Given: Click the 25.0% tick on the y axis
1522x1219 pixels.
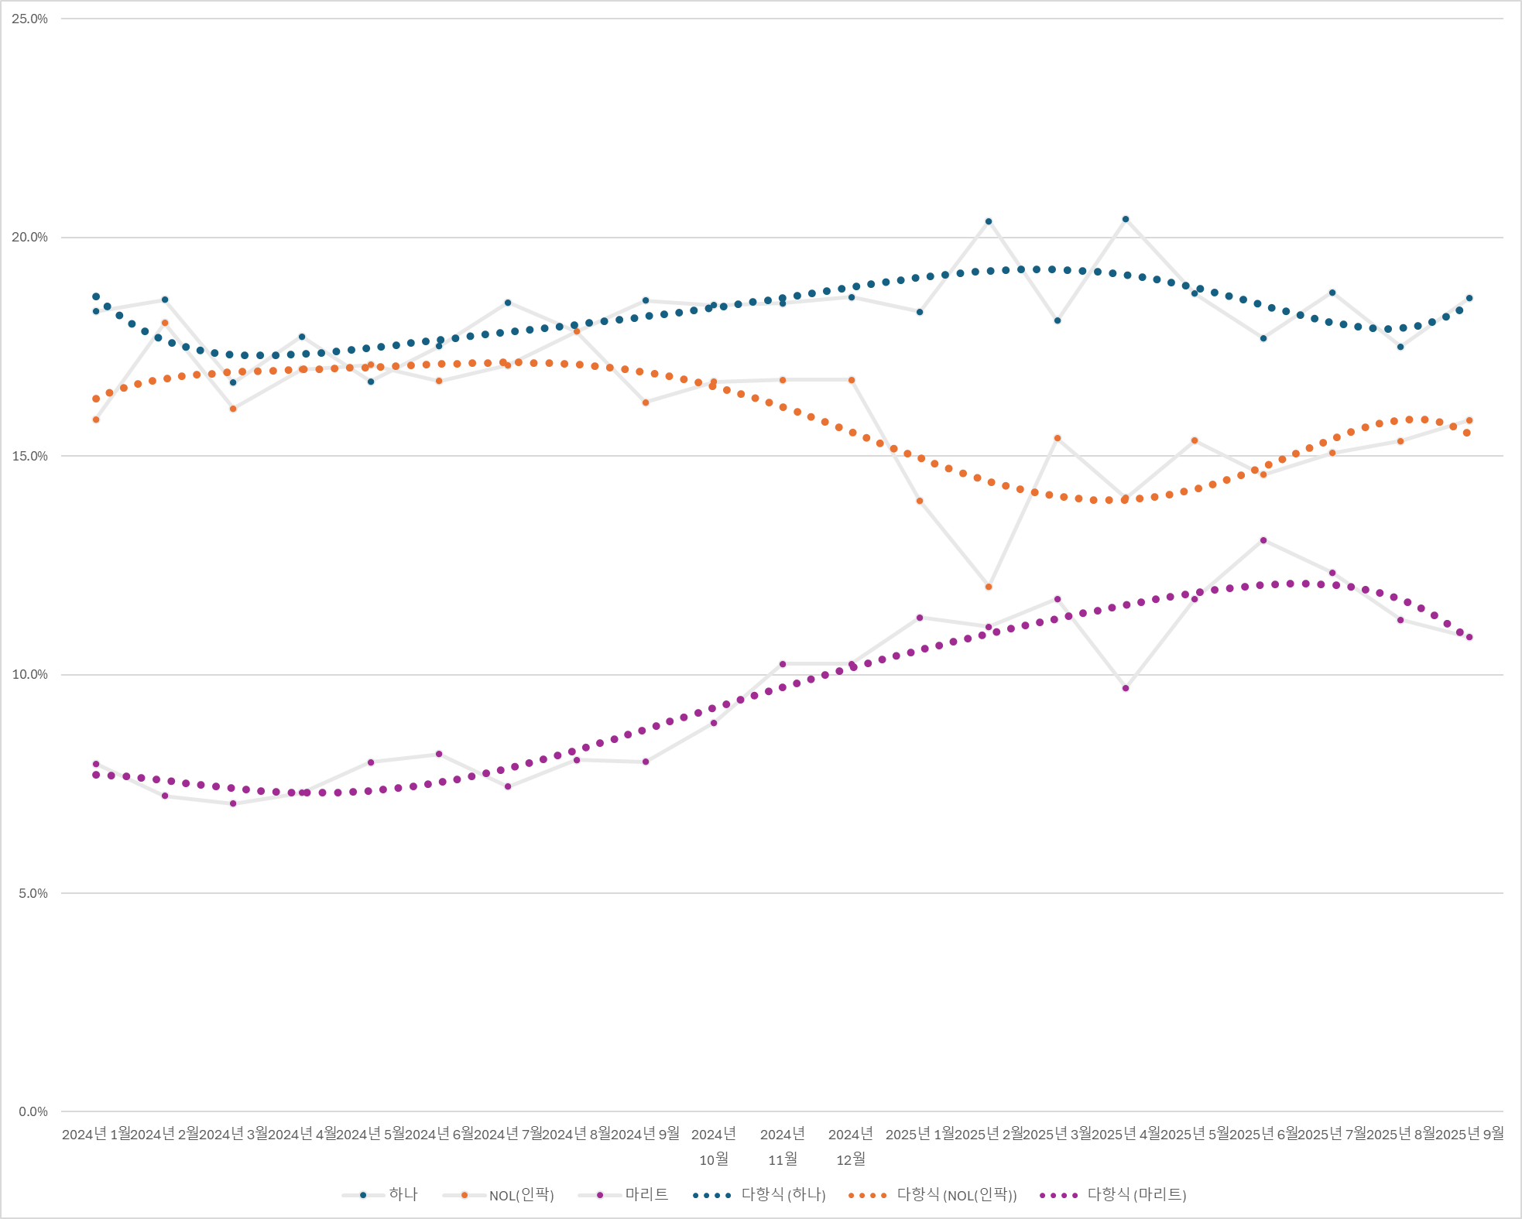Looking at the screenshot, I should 29,19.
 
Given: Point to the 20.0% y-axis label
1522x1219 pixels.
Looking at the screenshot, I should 29,238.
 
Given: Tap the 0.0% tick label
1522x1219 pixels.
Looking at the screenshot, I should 33,1112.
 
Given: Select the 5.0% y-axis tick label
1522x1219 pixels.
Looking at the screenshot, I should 33,893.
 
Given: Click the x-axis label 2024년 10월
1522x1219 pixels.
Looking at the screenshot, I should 714,1146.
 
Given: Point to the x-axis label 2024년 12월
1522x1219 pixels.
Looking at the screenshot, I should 851,1146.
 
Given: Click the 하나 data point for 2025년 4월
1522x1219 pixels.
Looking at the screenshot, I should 1126,219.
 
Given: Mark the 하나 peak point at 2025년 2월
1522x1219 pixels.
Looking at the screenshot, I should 989,221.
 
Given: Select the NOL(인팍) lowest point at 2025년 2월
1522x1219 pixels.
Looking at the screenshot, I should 989,587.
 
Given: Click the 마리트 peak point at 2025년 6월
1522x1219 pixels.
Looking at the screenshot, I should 1263,540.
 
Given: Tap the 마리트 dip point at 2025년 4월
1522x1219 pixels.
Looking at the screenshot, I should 1126,688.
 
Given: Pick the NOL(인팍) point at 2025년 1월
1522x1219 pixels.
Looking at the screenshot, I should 920,501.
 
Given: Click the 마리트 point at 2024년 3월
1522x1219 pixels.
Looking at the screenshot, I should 233,803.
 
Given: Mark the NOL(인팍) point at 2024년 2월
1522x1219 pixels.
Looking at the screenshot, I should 165,323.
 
